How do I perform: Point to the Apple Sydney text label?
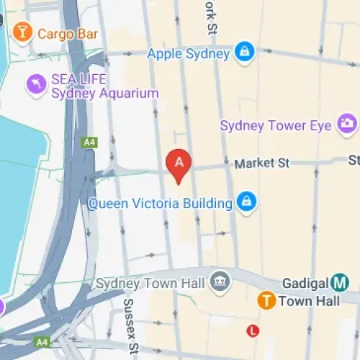click(188, 53)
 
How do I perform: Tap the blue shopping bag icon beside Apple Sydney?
click(245, 53)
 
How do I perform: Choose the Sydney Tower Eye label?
click(276, 126)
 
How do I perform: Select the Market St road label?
click(261, 163)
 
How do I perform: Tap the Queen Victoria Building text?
click(160, 203)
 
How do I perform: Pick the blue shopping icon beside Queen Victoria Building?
click(246, 202)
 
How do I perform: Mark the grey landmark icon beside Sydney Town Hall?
click(220, 282)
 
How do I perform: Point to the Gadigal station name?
click(304, 283)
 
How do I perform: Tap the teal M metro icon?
click(341, 283)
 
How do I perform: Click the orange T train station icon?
click(266, 301)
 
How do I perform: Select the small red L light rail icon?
click(252, 330)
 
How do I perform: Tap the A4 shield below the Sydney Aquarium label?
click(89, 143)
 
